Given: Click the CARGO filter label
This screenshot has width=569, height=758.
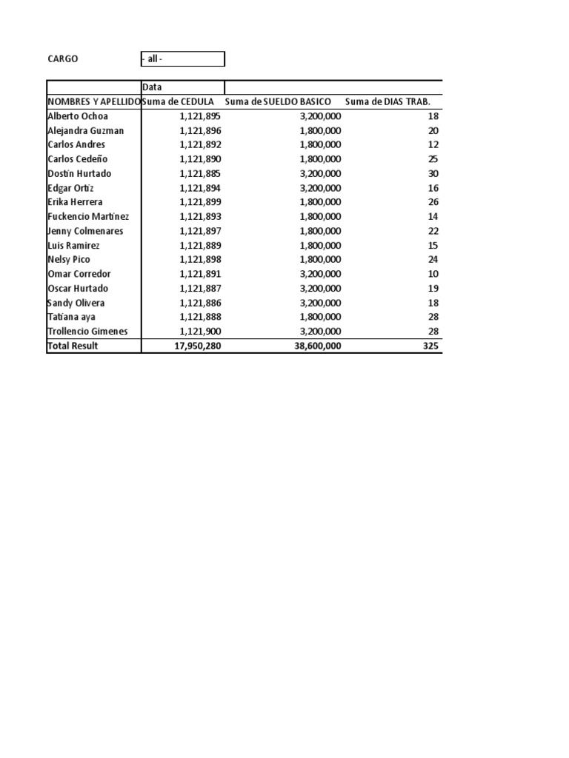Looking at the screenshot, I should pos(63,59).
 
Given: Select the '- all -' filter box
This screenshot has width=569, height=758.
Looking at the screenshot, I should pos(182,59).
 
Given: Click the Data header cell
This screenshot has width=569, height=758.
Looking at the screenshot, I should pos(152,87).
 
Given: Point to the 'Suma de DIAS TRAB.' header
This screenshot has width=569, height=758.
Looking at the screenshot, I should pos(387,101).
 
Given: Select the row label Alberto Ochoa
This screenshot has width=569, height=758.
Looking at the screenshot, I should pos(78,116).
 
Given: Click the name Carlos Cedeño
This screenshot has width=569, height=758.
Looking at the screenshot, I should pos(79,159).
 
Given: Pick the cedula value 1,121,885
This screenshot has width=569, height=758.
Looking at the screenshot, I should pos(200,173).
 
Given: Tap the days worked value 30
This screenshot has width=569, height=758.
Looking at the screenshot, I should pos(433,173).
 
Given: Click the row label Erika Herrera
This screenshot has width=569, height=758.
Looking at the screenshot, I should pos(75,202).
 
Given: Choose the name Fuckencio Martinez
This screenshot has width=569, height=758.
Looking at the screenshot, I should pos(88,216).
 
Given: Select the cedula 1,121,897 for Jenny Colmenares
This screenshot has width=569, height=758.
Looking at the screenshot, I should pos(200,231).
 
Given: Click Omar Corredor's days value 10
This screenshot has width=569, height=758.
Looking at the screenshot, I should pos(433,274).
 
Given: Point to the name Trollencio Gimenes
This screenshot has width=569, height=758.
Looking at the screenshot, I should pos(87,331).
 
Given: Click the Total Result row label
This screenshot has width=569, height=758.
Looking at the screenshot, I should pos(73,346).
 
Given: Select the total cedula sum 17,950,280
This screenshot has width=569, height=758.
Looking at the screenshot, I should pos(196,346).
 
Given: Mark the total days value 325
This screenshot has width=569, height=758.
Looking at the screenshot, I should pos(430,346).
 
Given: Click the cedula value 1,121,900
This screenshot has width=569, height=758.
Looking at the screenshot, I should pos(200,331).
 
